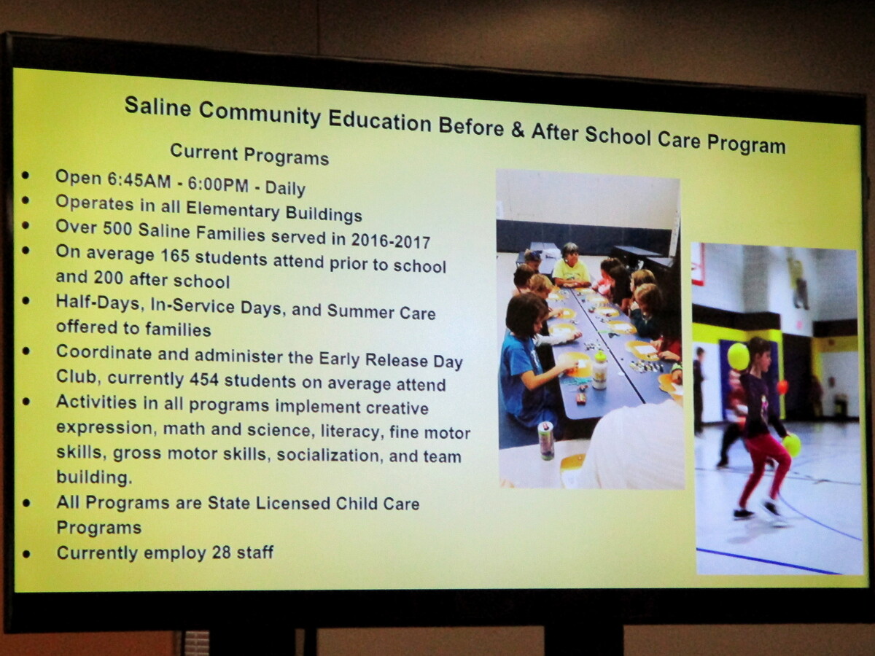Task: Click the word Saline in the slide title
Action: click(157, 107)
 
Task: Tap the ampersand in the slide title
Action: click(517, 130)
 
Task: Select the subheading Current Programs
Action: click(249, 155)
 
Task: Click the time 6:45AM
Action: click(139, 181)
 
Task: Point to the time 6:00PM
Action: click(218, 184)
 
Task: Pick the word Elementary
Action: click(233, 209)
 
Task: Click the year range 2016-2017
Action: click(390, 241)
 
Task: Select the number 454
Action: click(204, 379)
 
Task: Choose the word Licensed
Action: click(293, 504)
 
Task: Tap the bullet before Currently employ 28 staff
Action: click(27, 554)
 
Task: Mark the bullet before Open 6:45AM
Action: click(26, 175)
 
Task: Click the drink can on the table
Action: click(546, 440)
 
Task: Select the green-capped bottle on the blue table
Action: click(599, 371)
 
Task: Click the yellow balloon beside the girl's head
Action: click(738, 356)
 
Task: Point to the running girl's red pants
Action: click(764, 470)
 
